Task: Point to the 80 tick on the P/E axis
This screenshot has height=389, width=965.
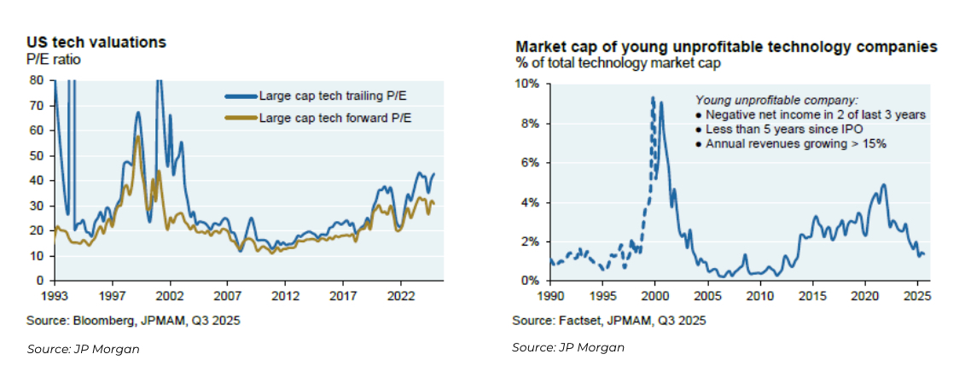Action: (37, 80)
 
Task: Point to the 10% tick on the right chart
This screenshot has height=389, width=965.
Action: (527, 84)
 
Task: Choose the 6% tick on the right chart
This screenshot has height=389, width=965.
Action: (530, 163)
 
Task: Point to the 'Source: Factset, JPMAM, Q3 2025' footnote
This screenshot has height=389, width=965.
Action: (608, 320)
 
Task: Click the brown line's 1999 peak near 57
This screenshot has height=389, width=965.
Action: (137, 136)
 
